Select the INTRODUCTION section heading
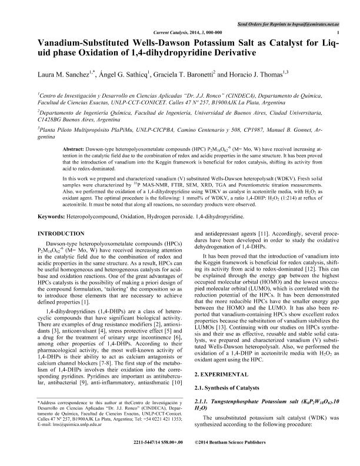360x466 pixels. (66, 234)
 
